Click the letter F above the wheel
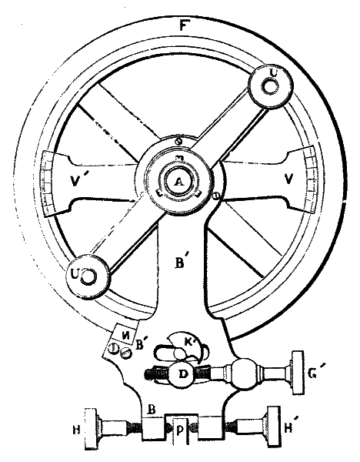coord(183,25)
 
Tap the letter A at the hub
coord(178,182)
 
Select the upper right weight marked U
coord(272,86)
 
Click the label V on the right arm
coord(289,179)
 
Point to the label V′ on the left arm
coord(76,180)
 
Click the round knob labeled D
coord(182,373)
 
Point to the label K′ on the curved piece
coord(191,342)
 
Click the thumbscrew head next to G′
coord(297,373)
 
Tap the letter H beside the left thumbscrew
coord(76,430)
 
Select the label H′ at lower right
coord(290,428)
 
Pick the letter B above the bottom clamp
coord(152,410)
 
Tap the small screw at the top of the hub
coord(178,142)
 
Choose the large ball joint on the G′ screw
coord(244,373)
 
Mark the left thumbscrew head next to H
coord(91,429)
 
